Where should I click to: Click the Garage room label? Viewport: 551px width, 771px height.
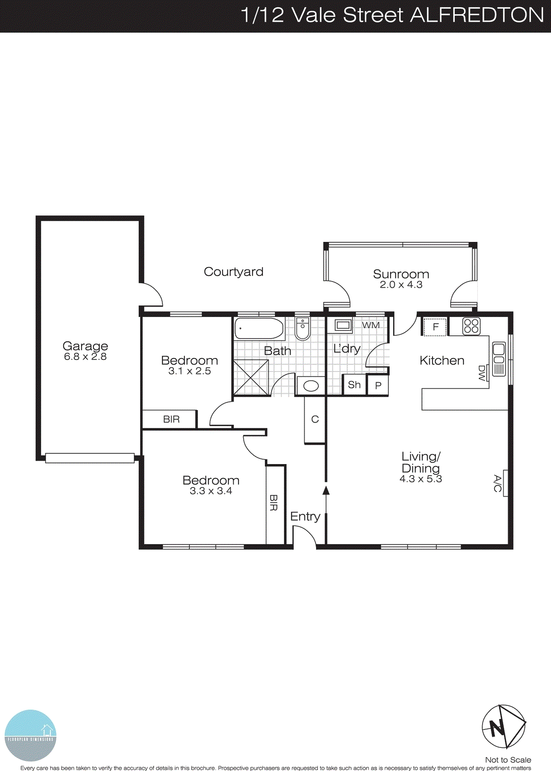85,346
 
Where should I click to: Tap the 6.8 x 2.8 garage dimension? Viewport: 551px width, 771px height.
85,357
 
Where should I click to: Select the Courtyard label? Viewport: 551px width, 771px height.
234,272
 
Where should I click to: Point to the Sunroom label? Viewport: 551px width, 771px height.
401,274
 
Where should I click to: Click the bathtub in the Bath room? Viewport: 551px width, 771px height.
259,329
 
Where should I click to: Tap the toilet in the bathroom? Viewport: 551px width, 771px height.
302,329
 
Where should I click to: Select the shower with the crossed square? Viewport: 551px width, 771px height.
251,377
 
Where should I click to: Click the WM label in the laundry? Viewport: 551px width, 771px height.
371,325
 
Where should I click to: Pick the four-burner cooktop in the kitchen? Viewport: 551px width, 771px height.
471,327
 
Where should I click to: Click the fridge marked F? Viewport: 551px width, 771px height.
435,327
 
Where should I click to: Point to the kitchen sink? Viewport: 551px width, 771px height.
499,359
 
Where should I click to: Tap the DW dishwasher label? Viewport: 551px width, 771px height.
482,373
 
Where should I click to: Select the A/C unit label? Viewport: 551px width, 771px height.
498,483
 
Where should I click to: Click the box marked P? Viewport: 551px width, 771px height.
378,385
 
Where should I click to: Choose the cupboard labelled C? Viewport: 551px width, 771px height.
315,419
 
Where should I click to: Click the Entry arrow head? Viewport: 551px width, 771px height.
326,491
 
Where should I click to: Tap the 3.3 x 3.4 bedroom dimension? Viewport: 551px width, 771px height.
211,491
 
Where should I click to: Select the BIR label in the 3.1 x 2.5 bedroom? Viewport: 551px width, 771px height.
171,419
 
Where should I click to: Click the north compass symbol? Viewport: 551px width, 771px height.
503,727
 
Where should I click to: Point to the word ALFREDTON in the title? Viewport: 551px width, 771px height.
477,15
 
